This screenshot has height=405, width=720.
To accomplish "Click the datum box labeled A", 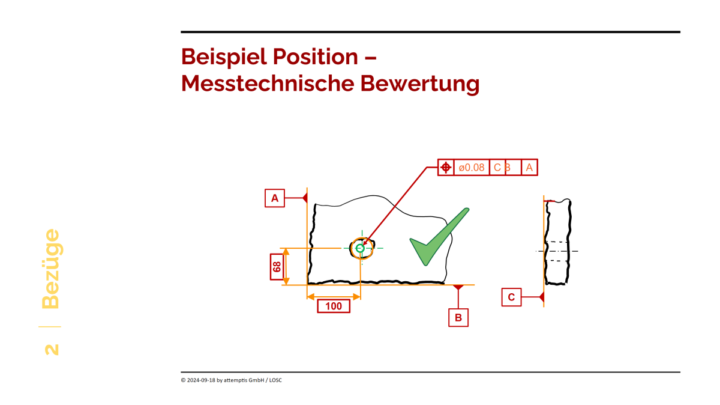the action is (275, 198).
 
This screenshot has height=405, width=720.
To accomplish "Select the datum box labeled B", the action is (458, 317).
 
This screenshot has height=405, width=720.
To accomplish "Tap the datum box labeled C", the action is (511, 297).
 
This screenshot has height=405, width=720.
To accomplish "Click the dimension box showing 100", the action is (334, 306).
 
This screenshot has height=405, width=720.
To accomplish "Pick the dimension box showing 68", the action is (277, 267).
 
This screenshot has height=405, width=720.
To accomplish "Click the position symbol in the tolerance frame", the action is (446, 168).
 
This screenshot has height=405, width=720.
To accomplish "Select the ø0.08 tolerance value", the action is (471, 168).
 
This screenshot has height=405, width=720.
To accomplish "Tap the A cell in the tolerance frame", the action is (529, 168).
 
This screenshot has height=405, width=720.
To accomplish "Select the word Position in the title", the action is (316, 56).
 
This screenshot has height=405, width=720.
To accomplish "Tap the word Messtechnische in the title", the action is (268, 84).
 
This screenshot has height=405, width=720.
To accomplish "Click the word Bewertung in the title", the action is (420, 84).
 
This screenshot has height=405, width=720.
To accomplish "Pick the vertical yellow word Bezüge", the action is (51, 269).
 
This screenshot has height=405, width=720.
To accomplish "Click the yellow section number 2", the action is (52, 350).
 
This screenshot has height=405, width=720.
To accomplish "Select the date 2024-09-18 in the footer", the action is (201, 380).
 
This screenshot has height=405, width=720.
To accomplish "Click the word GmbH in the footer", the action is (257, 380).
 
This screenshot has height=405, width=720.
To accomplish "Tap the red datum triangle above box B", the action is (458, 287).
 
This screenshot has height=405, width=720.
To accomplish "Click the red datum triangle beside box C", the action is (541, 297).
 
